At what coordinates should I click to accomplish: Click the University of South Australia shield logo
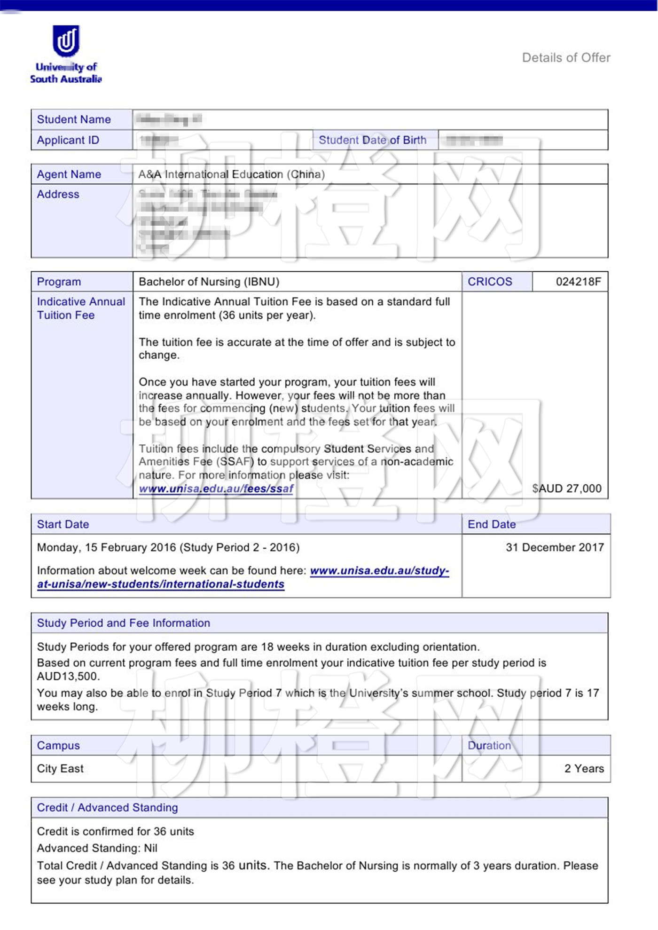[x=66, y=40]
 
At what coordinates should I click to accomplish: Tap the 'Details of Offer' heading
[x=566, y=58]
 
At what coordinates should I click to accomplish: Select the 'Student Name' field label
[x=74, y=119]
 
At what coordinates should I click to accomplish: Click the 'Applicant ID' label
[x=68, y=140]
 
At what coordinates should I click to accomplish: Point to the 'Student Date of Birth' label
[x=372, y=140]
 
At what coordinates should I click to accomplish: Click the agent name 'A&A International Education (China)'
[x=231, y=174]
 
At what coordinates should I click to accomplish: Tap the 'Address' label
[x=58, y=194]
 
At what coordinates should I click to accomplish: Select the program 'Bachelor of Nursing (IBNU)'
[x=209, y=282]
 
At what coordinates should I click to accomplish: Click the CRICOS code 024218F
[x=578, y=282]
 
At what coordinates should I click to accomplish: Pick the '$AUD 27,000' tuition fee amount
[x=566, y=489]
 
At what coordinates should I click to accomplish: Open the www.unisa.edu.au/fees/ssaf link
[x=216, y=489]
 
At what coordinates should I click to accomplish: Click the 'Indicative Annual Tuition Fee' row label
[x=81, y=308]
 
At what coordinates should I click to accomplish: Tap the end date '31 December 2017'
[x=555, y=547]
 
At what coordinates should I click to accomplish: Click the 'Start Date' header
[x=63, y=524]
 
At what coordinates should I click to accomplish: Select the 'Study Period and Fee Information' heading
[x=124, y=623]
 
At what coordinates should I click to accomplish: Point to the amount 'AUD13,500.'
[x=69, y=677]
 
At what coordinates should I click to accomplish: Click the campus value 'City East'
[x=60, y=769]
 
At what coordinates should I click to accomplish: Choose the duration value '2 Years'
[x=584, y=769]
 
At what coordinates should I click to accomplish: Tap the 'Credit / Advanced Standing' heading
[x=108, y=808]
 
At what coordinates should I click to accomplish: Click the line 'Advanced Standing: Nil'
[x=97, y=848]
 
